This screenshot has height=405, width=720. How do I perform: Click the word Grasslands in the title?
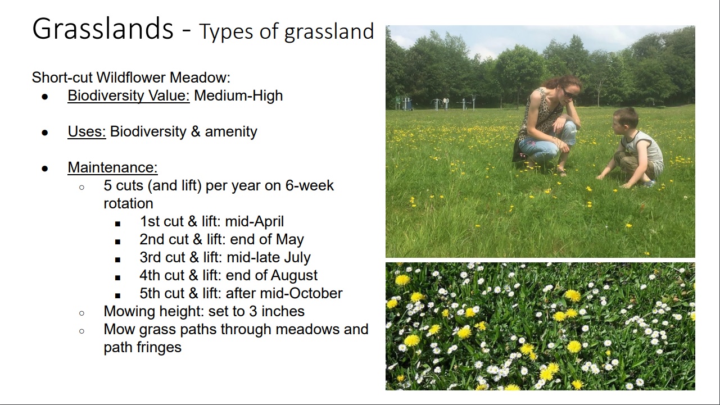click(103, 29)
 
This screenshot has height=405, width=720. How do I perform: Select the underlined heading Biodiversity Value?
click(129, 95)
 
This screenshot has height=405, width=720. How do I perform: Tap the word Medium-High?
click(238, 95)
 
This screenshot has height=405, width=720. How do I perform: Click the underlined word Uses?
click(87, 131)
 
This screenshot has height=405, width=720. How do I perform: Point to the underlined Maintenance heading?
click(112, 167)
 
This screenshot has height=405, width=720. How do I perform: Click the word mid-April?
click(255, 222)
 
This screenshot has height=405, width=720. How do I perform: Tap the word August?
click(294, 276)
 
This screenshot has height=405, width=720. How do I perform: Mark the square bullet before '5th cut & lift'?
click(117, 295)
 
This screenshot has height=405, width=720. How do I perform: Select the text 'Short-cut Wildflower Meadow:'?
click(131, 78)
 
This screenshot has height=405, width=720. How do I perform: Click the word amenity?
click(231, 132)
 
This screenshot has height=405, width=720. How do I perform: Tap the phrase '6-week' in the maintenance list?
click(310, 185)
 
